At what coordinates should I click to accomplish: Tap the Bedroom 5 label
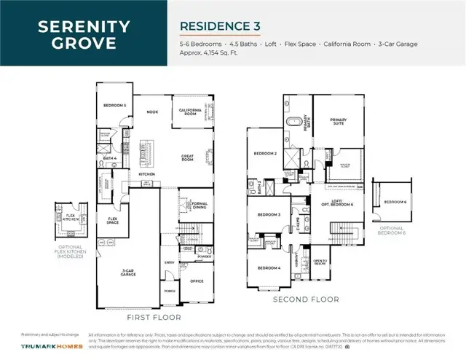click(115, 106)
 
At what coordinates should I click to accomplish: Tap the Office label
click(197, 281)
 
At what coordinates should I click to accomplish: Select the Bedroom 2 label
click(264, 154)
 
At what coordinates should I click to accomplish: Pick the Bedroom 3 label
click(269, 215)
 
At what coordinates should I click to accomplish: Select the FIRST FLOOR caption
click(154, 318)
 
